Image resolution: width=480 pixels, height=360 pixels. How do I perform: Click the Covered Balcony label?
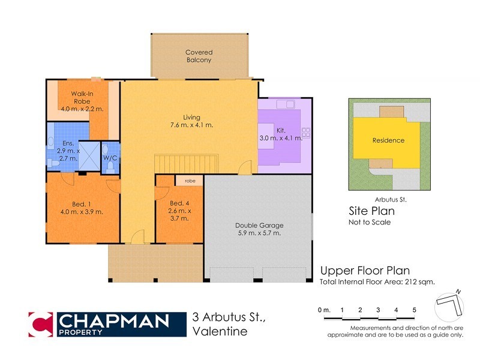199,56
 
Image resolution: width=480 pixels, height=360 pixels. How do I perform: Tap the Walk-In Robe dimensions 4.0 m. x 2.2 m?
82,109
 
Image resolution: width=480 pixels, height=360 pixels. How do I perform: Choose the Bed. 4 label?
180,204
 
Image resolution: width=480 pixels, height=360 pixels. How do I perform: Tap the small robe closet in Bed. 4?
190,180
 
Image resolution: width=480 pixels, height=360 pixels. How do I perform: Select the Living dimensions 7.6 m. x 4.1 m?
191,125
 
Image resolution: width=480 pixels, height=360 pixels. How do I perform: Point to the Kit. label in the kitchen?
280,130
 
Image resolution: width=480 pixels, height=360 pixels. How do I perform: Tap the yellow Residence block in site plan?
388,140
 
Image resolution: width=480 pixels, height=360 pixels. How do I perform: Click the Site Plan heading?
371,211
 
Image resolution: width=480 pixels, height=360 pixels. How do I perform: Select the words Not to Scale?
370,222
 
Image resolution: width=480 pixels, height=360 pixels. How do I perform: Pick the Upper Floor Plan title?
365,271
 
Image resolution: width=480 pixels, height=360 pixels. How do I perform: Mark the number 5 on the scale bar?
414,310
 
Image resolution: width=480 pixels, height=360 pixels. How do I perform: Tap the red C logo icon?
41,324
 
